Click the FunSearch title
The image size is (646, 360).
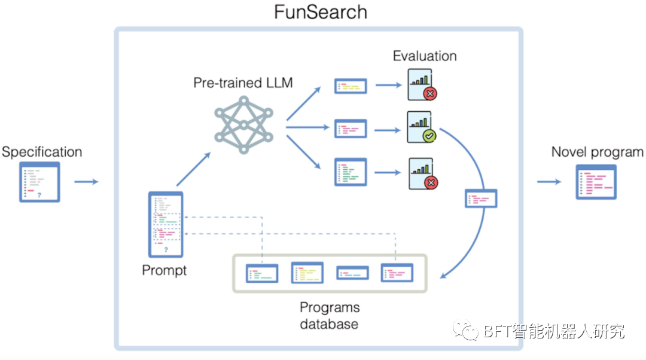tap(320, 12)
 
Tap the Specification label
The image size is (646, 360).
tap(41, 151)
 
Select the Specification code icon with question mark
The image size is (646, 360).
tap(39, 181)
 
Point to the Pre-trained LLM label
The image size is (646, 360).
tap(243, 83)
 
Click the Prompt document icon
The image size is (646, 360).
tap(166, 224)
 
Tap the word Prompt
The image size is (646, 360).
tap(164, 270)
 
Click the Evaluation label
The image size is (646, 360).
tap(425, 56)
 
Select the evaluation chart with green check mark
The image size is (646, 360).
tap(421, 127)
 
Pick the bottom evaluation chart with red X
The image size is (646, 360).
tap(421, 173)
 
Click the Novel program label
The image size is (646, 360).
tap(597, 152)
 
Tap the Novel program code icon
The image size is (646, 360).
tap(596, 182)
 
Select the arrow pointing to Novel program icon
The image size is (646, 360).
tap(549, 181)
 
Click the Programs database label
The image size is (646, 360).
tap(330, 316)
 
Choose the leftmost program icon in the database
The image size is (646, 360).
tap(262, 273)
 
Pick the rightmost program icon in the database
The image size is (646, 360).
tap(397, 273)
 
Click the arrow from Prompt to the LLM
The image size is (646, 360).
tap(193, 169)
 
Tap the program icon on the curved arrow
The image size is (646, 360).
tap(481, 199)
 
